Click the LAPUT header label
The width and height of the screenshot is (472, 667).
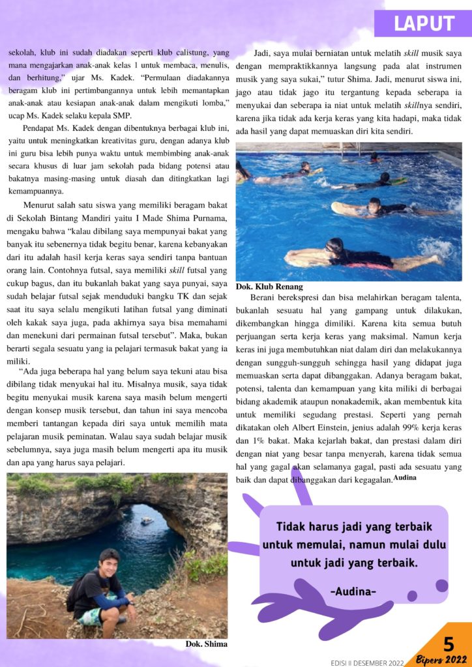point(423,24)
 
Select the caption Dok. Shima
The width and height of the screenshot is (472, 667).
point(206,644)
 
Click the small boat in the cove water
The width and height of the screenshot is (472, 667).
point(147,520)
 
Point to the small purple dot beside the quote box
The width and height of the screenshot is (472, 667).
point(411,595)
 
